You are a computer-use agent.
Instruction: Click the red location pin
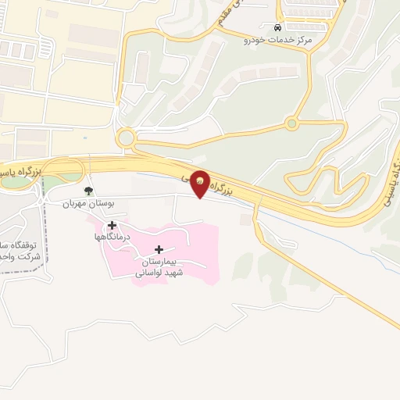[200, 182]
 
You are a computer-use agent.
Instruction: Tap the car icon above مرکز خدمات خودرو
[279, 27]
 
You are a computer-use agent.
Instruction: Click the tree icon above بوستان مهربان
[88, 190]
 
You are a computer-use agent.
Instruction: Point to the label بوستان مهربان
[89, 202]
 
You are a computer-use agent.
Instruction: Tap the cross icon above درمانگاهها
[112, 224]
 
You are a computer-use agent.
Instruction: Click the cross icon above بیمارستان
[160, 249]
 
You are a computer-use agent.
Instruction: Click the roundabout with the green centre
[292, 123]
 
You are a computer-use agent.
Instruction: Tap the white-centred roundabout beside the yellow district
[125, 137]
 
